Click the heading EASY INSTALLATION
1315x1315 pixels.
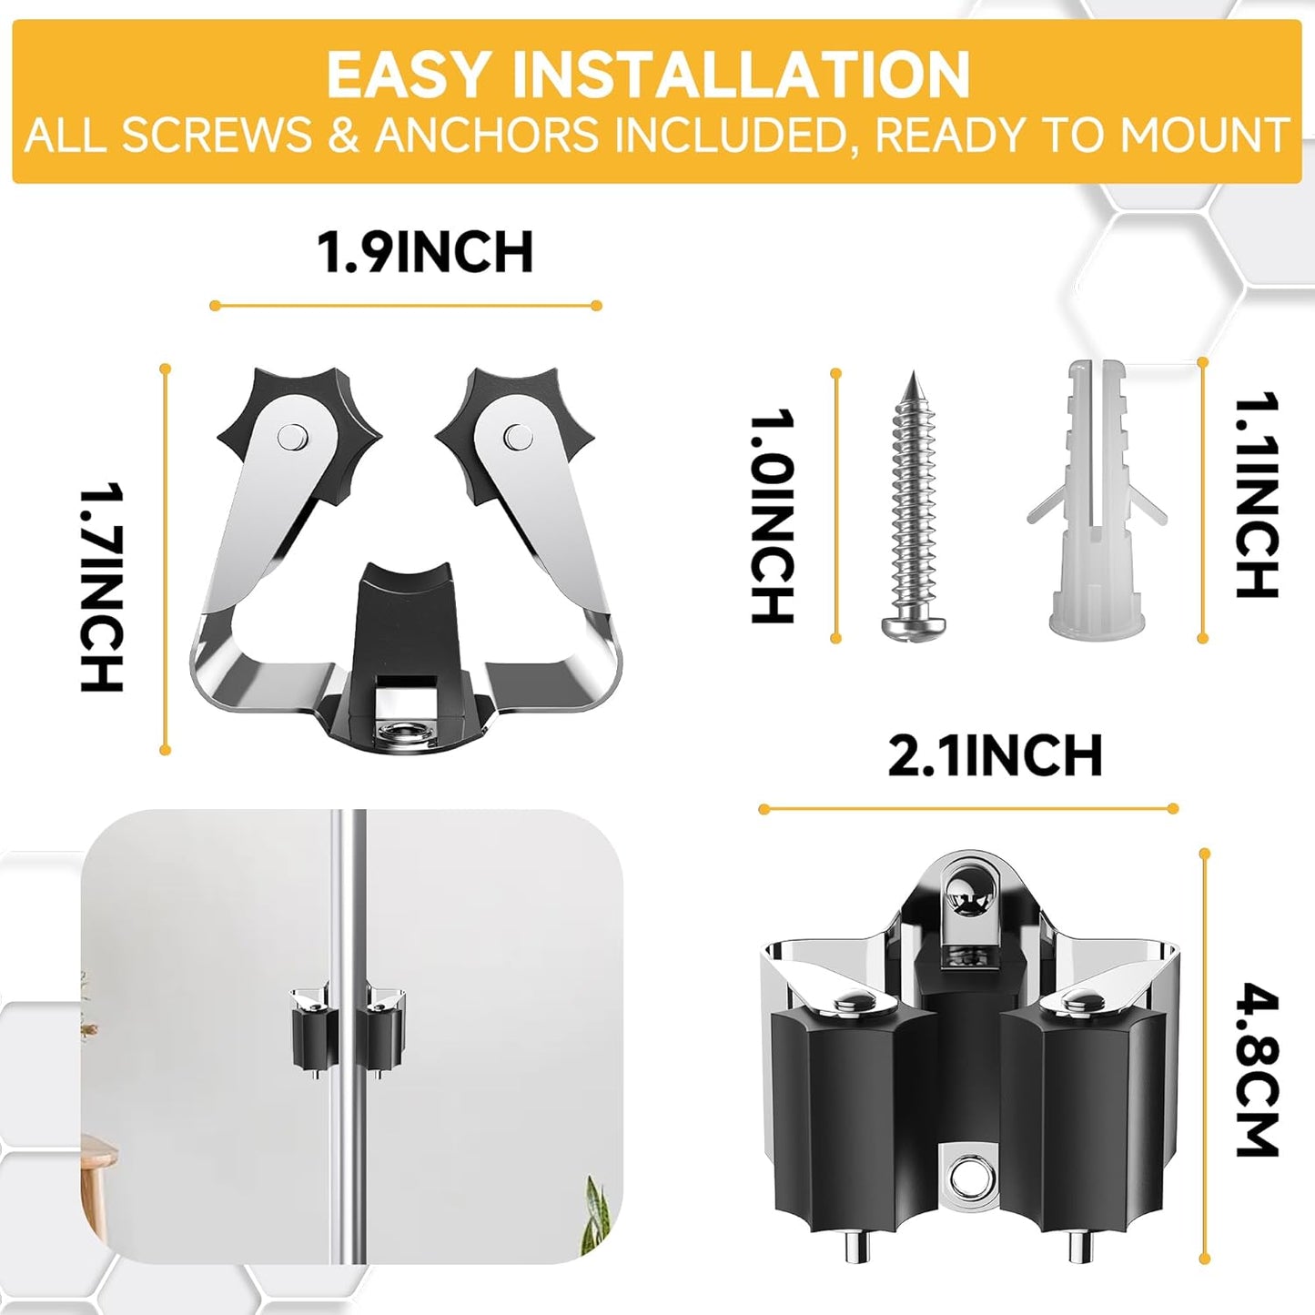(x=648, y=75)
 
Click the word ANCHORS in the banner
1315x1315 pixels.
(x=486, y=136)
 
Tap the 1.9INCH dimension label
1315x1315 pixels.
(x=425, y=252)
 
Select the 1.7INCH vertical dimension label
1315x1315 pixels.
(x=101, y=588)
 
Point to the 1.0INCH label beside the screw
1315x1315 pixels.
(x=772, y=516)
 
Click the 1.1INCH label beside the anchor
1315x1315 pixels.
(x=1257, y=495)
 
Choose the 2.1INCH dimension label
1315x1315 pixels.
(x=995, y=756)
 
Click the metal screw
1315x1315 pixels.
(x=913, y=510)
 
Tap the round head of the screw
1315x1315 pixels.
(x=913, y=624)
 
